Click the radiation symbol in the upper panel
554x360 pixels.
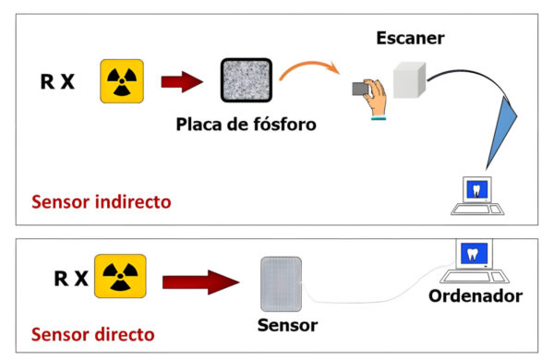(x=119, y=81)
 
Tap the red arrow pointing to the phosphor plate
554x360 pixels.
(x=181, y=82)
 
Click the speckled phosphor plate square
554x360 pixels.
(x=246, y=79)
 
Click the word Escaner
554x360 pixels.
(x=410, y=39)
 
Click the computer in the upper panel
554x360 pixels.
(x=477, y=196)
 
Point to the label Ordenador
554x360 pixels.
(x=476, y=296)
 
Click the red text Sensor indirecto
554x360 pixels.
(x=101, y=201)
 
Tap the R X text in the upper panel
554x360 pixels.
(x=57, y=82)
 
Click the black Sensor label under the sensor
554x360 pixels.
(x=286, y=326)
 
